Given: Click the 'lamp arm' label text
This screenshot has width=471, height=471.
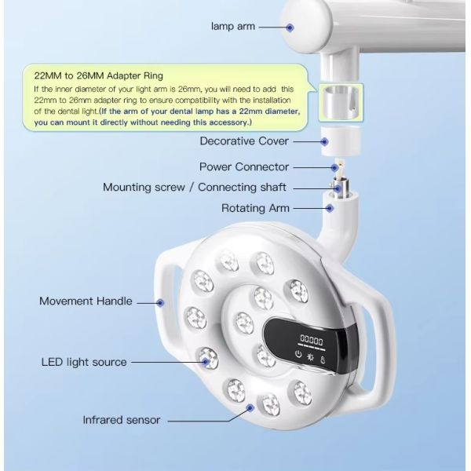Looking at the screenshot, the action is pyautogui.click(x=233, y=27).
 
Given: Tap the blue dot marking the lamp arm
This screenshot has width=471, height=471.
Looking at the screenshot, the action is pyautogui.click(x=290, y=27).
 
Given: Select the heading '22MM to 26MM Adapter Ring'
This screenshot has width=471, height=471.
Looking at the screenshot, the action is pyautogui.click(x=99, y=75).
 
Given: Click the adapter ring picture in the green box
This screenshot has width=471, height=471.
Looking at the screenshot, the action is pyautogui.click(x=341, y=102).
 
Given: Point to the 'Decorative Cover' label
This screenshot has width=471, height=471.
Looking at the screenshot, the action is pyautogui.click(x=244, y=141).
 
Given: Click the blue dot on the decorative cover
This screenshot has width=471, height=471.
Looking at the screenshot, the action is pyautogui.click(x=324, y=141).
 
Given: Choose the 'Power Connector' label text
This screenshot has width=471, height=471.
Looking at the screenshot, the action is pyautogui.click(x=244, y=167).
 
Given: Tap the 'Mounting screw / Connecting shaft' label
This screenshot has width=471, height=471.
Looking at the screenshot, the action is pyautogui.click(x=195, y=188).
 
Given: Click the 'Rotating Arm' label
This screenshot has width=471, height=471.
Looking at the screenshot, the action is pyautogui.click(x=255, y=208).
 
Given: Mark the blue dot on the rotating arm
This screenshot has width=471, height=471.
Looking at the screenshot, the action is pyautogui.click(x=330, y=208).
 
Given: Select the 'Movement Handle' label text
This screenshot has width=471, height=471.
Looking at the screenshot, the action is pyautogui.click(x=86, y=301).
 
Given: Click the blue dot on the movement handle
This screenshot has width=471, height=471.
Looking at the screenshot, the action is pyautogui.click(x=160, y=303).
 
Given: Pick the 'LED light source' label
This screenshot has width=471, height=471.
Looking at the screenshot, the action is pyautogui.click(x=84, y=362).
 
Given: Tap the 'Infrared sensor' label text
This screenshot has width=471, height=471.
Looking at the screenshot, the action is pyautogui.click(x=122, y=420).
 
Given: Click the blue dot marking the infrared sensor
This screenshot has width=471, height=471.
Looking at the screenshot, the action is pyautogui.click(x=250, y=408).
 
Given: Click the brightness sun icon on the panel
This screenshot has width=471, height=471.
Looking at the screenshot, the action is pyautogui.click(x=310, y=357).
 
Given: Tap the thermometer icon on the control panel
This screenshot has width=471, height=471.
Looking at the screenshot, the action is pyautogui.click(x=323, y=360).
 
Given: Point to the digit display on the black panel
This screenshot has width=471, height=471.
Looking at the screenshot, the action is pyautogui.click(x=312, y=341).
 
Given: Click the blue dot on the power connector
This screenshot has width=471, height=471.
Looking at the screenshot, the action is pyautogui.click(x=334, y=168).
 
